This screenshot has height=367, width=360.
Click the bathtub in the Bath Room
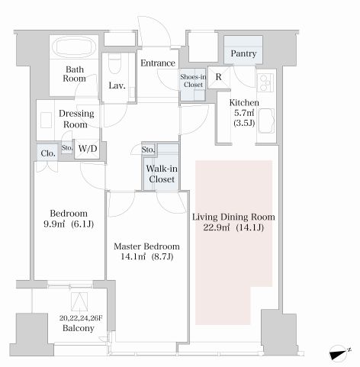tap(74, 47)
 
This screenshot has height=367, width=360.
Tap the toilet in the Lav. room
tap(114, 63)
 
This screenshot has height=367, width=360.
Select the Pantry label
tap(243, 53)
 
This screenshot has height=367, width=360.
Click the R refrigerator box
tap(219, 77)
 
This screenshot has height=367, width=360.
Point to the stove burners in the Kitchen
tap(265, 82)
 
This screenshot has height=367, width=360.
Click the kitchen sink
tap(266, 121)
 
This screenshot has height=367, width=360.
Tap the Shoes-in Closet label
tap(193, 81)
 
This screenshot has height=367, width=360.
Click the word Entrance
tap(158, 63)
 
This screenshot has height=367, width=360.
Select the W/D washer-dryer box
tap(87, 149)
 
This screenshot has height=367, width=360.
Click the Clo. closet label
tap(48, 153)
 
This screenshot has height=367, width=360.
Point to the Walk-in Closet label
tap(162, 174)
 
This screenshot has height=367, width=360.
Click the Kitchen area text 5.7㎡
tap(244, 113)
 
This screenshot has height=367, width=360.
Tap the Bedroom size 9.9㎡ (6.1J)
tap(69, 224)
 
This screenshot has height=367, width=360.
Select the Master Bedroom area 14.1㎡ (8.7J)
tap(146, 256)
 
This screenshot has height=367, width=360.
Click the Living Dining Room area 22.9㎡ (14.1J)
tap(233, 227)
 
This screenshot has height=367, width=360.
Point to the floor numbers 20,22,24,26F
tap(81, 318)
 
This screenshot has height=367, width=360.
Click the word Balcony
tap(79, 328)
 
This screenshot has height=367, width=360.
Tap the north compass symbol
tap(339, 353)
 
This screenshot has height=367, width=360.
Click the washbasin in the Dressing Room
tap(46, 120)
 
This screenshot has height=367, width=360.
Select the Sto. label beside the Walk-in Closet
tap(148, 150)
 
